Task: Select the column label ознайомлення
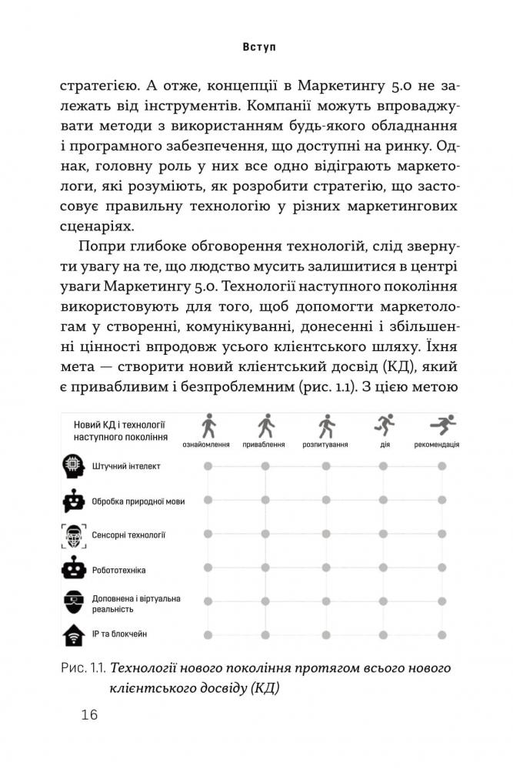(206, 445)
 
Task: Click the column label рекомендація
(437, 445)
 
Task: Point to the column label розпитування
(325, 445)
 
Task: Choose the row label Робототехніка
(120, 570)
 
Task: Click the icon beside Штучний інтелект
(72, 466)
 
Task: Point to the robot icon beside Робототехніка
(72, 569)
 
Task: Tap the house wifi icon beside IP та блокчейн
(72, 634)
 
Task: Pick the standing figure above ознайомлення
(206, 425)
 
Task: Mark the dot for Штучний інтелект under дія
(383, 466)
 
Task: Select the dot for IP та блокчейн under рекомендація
(441, 634)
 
